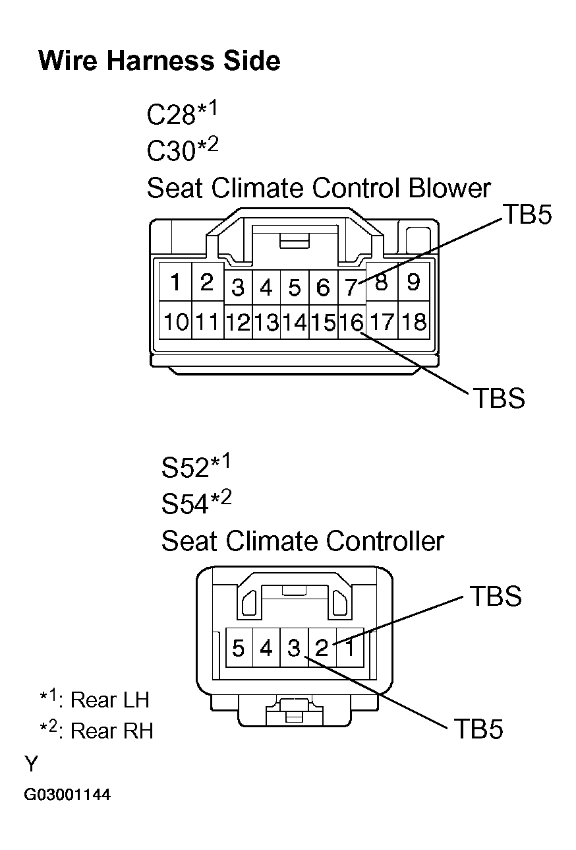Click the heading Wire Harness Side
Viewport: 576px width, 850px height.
tap(159, 61)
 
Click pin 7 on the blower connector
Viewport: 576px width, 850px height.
tap(351, 288)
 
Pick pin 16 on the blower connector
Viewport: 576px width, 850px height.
tap(351, 322)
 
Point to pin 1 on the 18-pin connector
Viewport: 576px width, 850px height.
tap(175, 283)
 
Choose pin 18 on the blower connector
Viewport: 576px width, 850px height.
tap(413, 322)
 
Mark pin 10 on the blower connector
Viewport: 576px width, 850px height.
tap(176, 322)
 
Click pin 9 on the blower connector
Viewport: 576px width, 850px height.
tap(413, 283)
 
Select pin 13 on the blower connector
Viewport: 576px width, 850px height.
tap(266, 323)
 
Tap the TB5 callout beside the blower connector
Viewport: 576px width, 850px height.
tap(527, 214)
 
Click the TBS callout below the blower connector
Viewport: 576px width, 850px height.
tap(498, 398)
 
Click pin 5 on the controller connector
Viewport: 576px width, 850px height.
tap(239, 648)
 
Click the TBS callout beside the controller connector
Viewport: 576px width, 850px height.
tap(495, 596)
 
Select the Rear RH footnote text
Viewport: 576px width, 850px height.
tap(98, 731)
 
